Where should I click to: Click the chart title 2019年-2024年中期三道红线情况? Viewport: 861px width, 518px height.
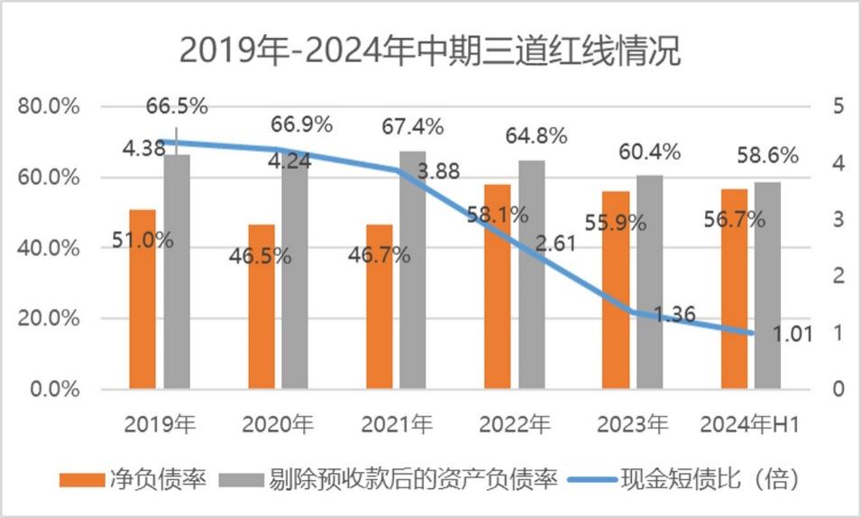pos(430,51)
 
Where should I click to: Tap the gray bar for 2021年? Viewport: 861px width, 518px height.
pos(413,270)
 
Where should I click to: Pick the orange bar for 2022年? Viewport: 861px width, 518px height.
pos(497,287)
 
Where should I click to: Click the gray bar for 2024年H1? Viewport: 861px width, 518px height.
pos(767,285)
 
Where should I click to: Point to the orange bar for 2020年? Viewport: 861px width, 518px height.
pos(261,307)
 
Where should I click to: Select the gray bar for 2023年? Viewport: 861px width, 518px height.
pos(649,282)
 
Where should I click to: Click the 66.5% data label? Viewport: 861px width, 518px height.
pos(177,106)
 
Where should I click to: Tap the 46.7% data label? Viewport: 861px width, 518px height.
pos(380,254)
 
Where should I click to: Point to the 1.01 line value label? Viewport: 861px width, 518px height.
pos(792,334)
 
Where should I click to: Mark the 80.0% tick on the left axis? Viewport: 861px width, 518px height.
pos(49,106)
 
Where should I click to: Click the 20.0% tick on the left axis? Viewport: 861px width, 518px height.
pos(49,319)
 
